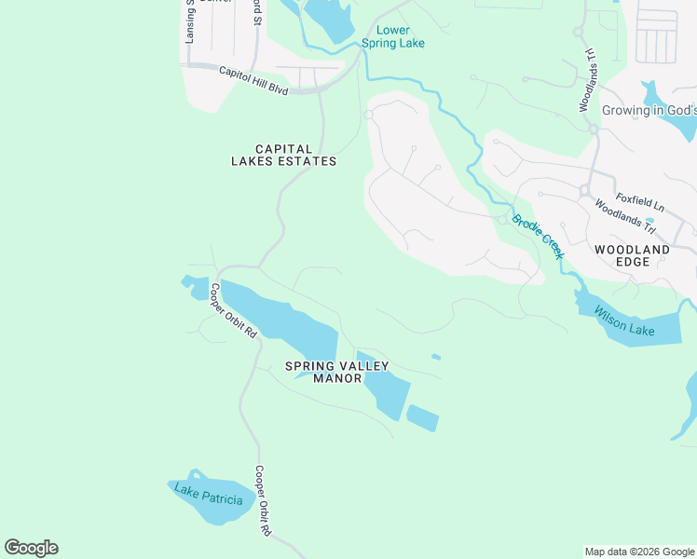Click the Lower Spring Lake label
tap(392, 36)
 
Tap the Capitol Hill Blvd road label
tap(253, 79)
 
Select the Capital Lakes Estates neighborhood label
tap(283, 155)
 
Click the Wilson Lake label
tap(624, 322)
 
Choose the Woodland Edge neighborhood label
tap(632, 256)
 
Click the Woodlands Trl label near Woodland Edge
tap(625, 217)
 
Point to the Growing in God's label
tap(649, 110)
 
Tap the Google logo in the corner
tap(31, 548)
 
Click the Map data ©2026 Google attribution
tap(639, 552)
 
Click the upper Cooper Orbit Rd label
tap(233, 309)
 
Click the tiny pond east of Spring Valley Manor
tap(436, 356)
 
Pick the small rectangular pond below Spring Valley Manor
tap(422, 418)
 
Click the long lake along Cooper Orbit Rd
tap(280, 317)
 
